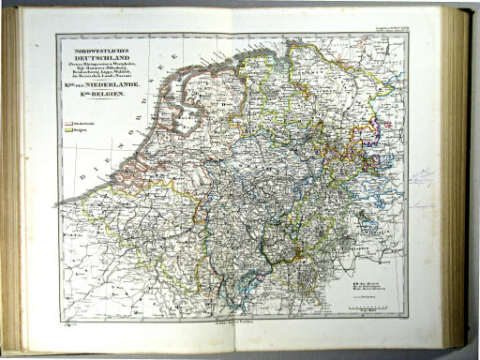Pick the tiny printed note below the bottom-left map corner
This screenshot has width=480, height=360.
pos(67,322)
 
